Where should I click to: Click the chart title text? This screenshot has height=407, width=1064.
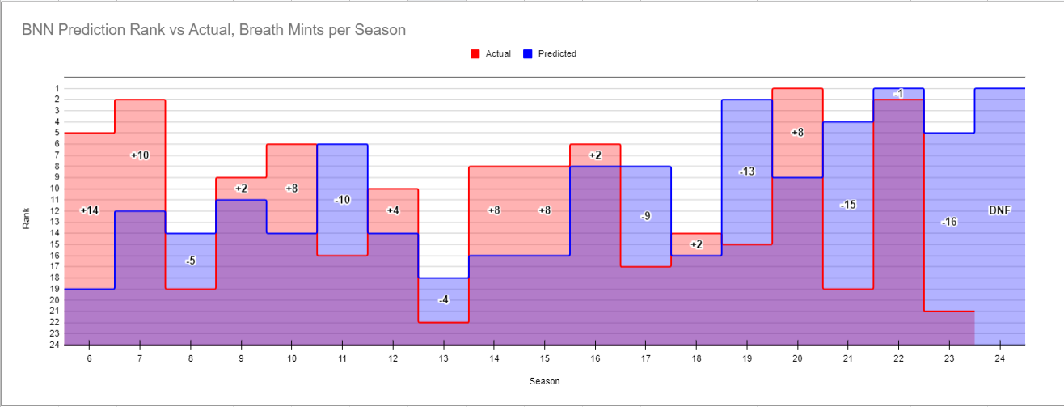pos(214,30)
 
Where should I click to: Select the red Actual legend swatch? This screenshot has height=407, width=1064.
pos(475,54)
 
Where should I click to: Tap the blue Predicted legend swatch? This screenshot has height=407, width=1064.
pos(528,54)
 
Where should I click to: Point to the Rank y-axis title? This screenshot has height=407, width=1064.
pos(27,217)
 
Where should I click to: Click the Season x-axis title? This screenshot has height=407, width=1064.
pos(544,381)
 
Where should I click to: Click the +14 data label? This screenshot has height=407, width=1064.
pos(90,210)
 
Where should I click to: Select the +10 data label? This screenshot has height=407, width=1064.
pos(140,155)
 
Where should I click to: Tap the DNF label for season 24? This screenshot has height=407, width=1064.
pos(1000,210)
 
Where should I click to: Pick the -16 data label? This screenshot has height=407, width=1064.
pos(949,222)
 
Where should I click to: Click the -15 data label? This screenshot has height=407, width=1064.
pos(848,205)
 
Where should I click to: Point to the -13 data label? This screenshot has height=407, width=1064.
pos(747,172)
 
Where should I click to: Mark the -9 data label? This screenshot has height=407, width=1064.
pos(645,216)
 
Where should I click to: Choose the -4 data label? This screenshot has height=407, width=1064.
pos(443,299)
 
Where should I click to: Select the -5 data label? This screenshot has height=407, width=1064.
pos(190,261)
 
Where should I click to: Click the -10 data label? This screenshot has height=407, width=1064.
pos(342,199)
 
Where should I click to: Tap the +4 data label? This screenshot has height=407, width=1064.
pos(393,210)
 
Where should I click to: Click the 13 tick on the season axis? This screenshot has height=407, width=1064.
pos(443,357)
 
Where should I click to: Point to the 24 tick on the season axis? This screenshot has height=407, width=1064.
pos(1000,357)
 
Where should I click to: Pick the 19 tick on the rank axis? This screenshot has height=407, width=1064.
pos(55,289)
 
